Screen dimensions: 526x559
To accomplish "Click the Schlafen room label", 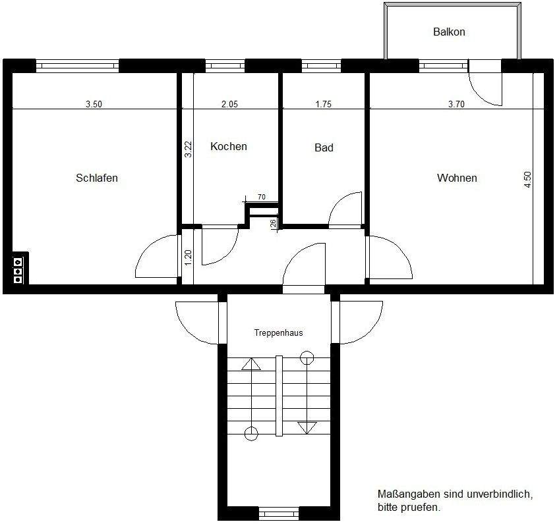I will [x=97, y=178].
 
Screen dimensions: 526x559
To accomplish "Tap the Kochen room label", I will [x=229, y=146].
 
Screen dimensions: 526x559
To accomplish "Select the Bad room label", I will [x=324, y=147].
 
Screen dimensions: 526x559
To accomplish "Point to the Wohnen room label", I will [x=457, y=178].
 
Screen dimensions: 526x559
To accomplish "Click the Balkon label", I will [x=449, y=32].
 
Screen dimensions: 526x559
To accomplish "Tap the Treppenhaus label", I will [x=279, y=333].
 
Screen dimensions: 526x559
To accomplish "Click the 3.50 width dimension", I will [x=94, y=104].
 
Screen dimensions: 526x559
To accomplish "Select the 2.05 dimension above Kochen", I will [x=229, y=104].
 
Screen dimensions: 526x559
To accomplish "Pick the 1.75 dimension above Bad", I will [x=324, y=104].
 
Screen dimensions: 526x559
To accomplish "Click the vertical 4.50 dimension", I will [x=527, y=180].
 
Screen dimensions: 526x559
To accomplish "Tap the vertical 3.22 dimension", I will [x=188, y=149].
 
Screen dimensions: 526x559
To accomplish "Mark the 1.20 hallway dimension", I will [x=188, y=257].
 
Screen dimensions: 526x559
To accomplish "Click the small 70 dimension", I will [x=262, y=197].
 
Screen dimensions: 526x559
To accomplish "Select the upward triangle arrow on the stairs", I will [x=251, y=364].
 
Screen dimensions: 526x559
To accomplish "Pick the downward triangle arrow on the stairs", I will [x=304, y=428].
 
